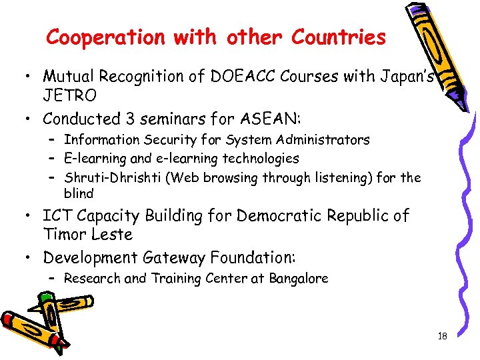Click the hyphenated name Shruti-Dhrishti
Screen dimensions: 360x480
coord(114,177)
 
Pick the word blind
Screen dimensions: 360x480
coord(79,194)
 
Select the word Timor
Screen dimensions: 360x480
coord(65,235)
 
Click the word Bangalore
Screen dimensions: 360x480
coord(299,279)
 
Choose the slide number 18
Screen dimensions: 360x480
coord(442,336)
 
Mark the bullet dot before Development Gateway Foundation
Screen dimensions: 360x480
coord(31,258)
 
